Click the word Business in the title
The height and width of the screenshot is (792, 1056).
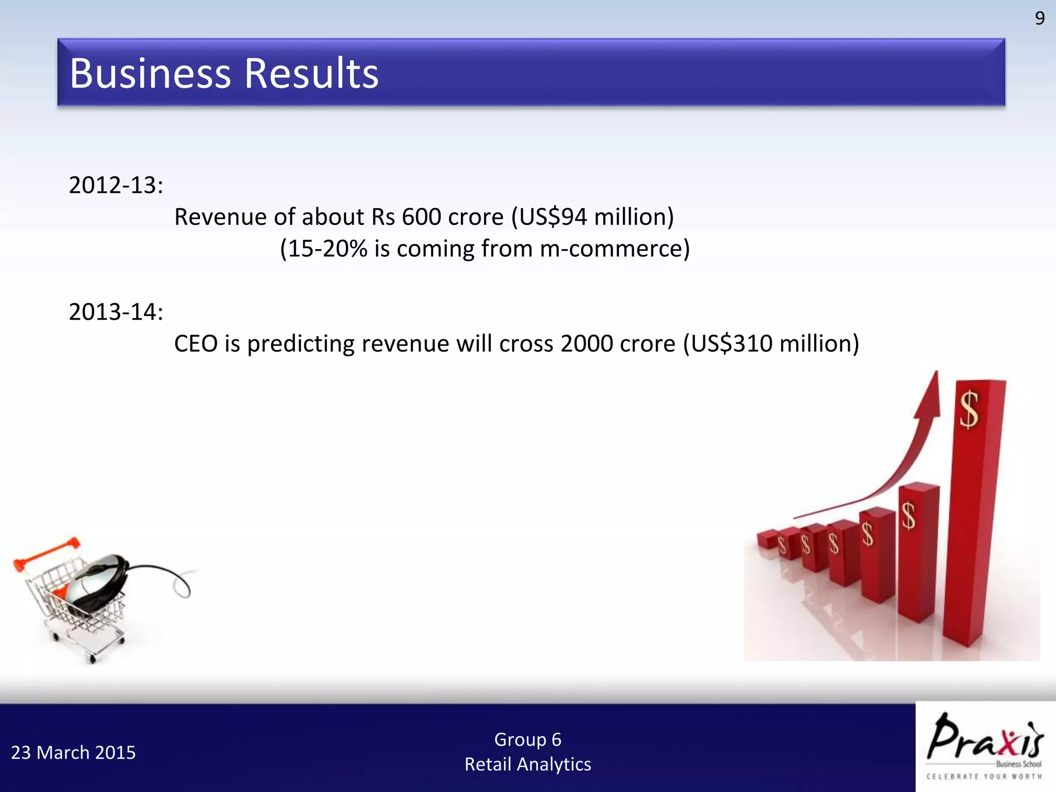pos(151,73)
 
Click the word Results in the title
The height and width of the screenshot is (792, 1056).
pos(311,73)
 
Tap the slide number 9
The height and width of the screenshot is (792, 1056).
pos(1039,19)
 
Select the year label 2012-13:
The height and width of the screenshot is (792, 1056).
pos(116,185)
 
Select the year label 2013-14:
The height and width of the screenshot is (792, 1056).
pos(116,312)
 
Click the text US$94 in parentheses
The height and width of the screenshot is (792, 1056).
pos(553,217)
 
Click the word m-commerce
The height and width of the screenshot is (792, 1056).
pos(610,249)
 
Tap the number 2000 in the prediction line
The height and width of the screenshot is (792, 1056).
pos(586,343)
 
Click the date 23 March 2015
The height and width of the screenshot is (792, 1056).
pos(73,753)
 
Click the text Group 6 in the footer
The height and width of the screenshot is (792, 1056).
pos(527,739)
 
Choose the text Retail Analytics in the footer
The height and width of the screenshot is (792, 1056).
pos(527,764)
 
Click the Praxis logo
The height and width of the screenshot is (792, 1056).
pos(985,745)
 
